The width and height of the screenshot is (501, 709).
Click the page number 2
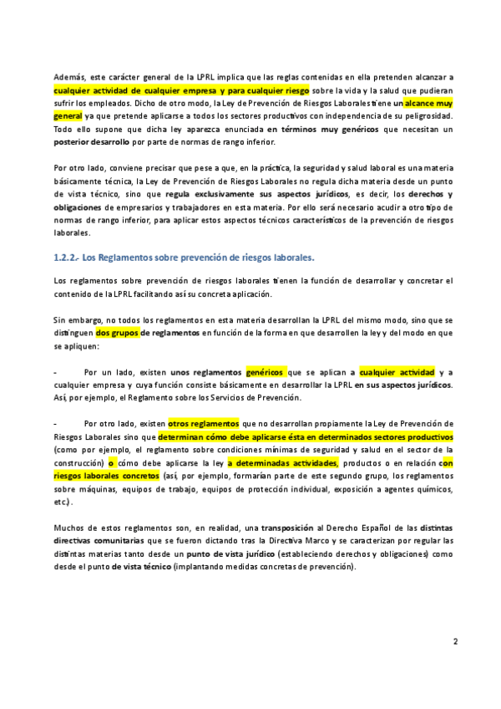(x=455, y=642)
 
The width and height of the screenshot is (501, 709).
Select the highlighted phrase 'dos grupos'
(x=116, y=332)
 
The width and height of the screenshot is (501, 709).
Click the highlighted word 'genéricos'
(x=266, y=371)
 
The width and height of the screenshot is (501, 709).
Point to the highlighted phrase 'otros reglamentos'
(x=204, y=423)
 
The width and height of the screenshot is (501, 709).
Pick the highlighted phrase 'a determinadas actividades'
(x=282, y=462)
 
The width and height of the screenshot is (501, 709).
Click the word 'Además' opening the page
(x=68, y=76)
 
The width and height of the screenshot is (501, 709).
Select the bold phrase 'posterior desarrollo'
(x=91, y=142)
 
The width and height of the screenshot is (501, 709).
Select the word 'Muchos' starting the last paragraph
(x=69, y=528)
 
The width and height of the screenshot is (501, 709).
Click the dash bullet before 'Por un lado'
(x=54, y=371)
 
